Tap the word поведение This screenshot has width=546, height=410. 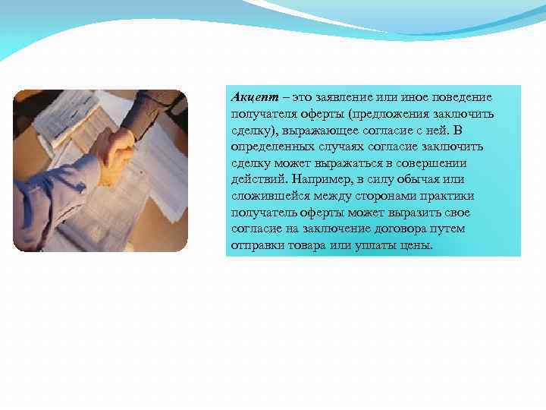tap(458, 98)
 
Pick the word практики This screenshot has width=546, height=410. tap(456, 197)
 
